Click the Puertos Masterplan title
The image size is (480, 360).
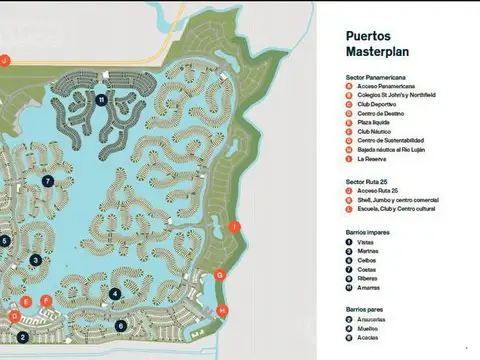click(375, 42)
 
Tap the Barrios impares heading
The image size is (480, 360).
click(361, 231)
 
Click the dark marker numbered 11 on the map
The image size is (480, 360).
click(102, 100)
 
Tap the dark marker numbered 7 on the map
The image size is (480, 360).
click(47, 181)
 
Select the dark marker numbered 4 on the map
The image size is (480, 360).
click(116, 294)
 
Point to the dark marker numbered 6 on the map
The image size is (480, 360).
click(120, 325)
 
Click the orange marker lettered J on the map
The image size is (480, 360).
click(4, 60)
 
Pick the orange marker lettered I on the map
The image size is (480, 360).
click(234, 228)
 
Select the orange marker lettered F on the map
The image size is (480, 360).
click(46, 300)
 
